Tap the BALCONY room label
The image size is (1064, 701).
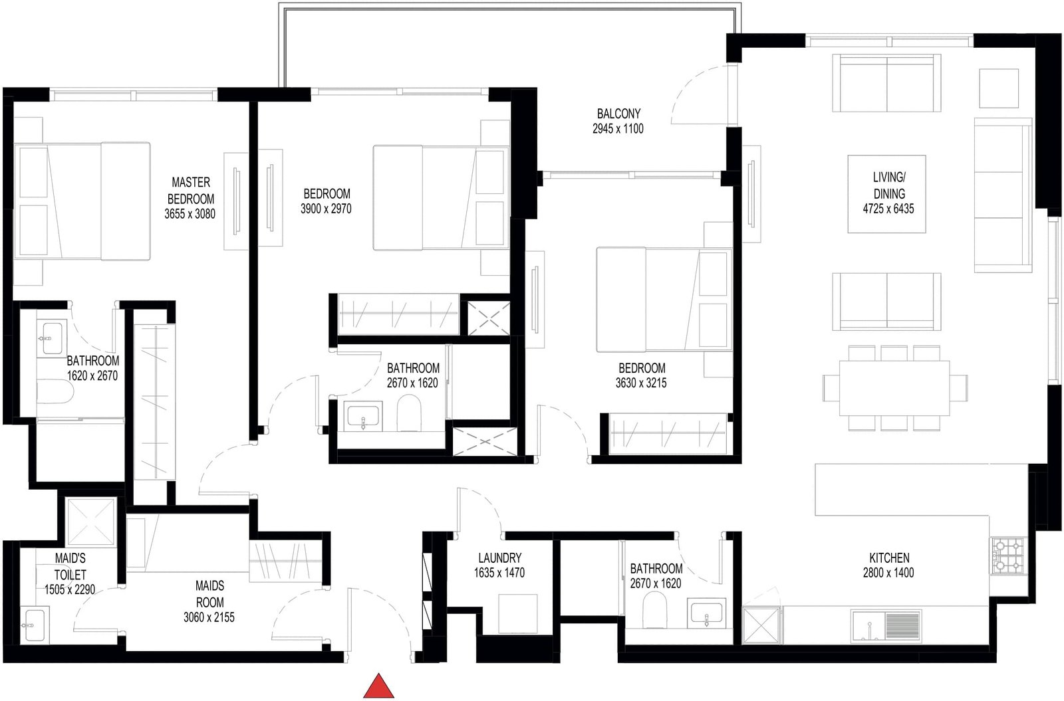pos(618,114)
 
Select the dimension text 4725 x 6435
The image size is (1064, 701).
pos(888,209)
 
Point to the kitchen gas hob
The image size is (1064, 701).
pos(1008,555)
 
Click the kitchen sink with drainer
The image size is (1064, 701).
pos(886,626)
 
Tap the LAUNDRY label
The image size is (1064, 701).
pos(499,557)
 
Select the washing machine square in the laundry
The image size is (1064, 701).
pos(518,614)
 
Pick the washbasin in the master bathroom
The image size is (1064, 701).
pos(52,339)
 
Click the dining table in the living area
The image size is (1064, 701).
pos(894,388)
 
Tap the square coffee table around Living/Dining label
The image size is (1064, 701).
pos(887,193)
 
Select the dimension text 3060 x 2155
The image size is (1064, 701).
pos(209,617)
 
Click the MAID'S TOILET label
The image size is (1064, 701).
pos(70,566)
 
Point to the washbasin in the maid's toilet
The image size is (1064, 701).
pos(34,625)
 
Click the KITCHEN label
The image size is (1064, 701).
pos(889,557)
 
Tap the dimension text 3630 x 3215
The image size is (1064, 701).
pos(641,383)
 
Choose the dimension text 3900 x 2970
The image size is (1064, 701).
pos(326,209)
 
